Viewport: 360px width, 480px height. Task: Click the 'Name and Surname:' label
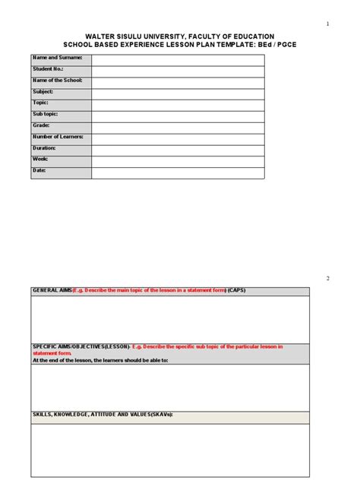(x=54, y=58)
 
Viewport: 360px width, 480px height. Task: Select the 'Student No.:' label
(x=48, y=69)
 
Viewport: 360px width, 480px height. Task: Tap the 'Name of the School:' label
(x=57, y=81)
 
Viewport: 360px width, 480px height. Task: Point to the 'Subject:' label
(x=43, y=92)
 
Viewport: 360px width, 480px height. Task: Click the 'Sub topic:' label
(x=45, y=115)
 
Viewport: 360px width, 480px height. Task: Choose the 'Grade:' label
(x=42, y=126)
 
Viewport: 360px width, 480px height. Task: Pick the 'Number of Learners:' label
(x=58, y=137)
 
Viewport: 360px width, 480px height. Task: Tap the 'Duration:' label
(x=45, y=149)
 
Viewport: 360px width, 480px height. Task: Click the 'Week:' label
(x=40, y=159)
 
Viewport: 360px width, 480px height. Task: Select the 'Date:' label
(x=39, y=171)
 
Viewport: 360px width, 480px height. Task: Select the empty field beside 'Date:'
(x=178, y=172)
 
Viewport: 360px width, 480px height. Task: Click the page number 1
(x=327, y=24)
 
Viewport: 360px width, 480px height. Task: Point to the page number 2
(x=327, y=279)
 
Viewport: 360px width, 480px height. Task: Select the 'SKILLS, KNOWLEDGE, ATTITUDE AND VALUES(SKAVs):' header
(x=103, y=415)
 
